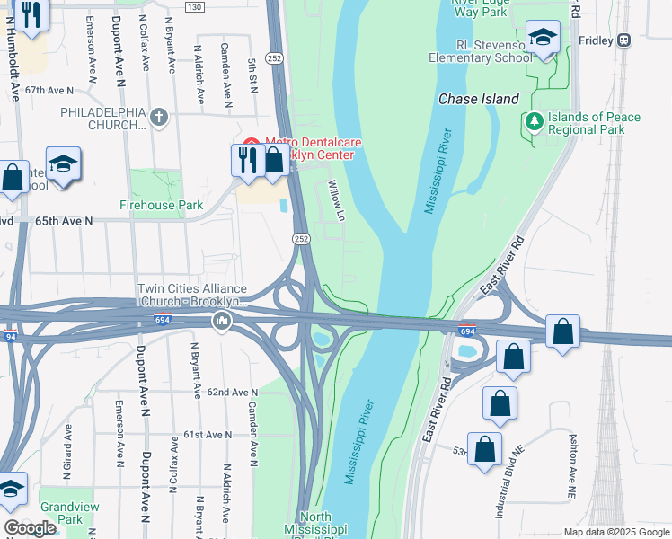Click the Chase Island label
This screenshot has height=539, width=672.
point(478,99)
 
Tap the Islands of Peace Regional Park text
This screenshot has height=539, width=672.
point(599,123)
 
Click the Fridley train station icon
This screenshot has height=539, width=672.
point(623,40)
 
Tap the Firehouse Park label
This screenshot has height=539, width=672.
point(162,205)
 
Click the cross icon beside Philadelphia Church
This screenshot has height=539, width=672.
point(159,116)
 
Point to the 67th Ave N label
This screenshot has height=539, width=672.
point(49,91)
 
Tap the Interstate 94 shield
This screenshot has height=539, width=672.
point(10,337)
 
